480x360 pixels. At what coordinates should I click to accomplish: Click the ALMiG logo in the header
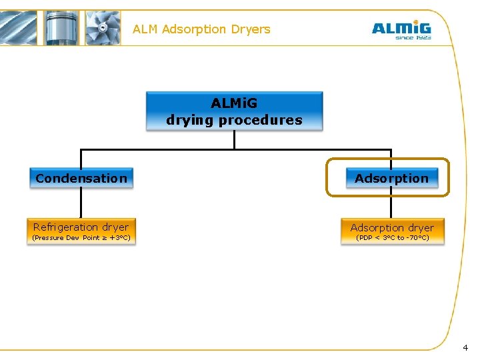click(401, 28)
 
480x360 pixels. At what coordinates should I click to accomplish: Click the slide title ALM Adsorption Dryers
click(201, 29)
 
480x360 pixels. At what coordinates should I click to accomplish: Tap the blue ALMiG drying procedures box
click(234, 111)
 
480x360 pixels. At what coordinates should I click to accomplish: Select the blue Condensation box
click(81, 178)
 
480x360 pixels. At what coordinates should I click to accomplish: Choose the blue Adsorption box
click(391, 178)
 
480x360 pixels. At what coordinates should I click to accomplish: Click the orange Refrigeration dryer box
click(81, 231)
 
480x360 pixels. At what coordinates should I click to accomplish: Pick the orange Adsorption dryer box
click(392, 231)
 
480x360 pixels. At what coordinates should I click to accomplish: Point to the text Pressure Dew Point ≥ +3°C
click(81, 238)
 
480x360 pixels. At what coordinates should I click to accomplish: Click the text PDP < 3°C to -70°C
click(392, 238)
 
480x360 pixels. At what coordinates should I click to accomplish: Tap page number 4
click(465, 347)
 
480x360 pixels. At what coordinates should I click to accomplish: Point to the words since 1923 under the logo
click(413, 38)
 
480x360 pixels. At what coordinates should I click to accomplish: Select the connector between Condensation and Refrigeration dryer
click(81, 203)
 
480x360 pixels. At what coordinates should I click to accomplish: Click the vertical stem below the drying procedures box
click(234, 139)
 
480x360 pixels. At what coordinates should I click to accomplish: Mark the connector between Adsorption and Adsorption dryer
click(391, 207)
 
